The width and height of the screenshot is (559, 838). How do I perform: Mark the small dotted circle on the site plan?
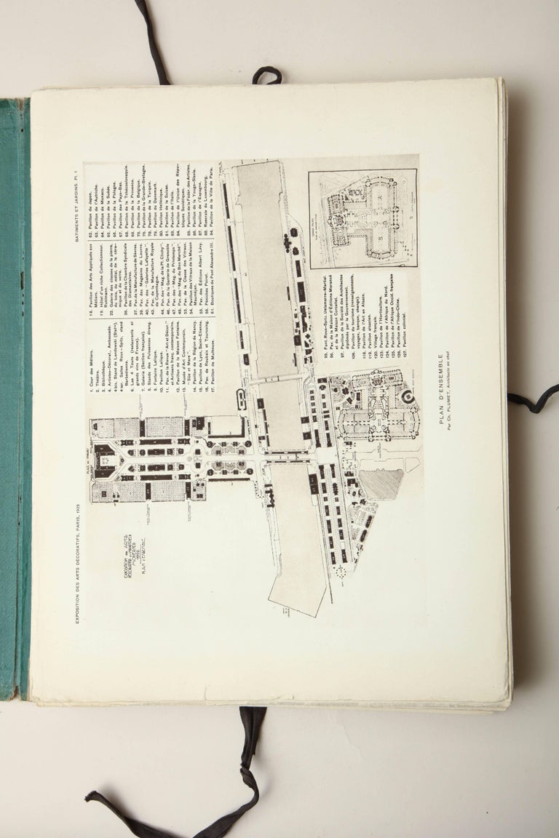(x=338, y=572)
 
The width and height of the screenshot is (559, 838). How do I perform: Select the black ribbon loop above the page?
(x=267, y=75)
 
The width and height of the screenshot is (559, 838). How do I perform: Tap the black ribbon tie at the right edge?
(x=534, y=399)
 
